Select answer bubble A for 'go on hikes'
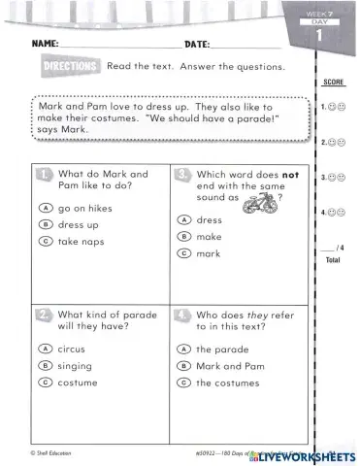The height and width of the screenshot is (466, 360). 46,208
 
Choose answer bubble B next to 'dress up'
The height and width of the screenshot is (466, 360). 46,224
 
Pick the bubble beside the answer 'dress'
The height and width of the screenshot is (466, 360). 183,220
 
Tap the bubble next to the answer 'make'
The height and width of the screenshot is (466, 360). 183,237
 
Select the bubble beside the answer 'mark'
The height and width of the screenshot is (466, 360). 183,253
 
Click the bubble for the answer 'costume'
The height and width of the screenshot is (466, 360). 46,383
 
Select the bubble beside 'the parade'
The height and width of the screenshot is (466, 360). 183,349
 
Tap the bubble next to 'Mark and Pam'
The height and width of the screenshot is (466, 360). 183,365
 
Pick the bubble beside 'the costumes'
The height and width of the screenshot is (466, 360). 183,383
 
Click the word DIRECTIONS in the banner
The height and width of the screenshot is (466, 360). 72,66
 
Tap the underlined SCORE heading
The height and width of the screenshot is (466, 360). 333,82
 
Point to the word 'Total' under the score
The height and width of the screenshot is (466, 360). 332,261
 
